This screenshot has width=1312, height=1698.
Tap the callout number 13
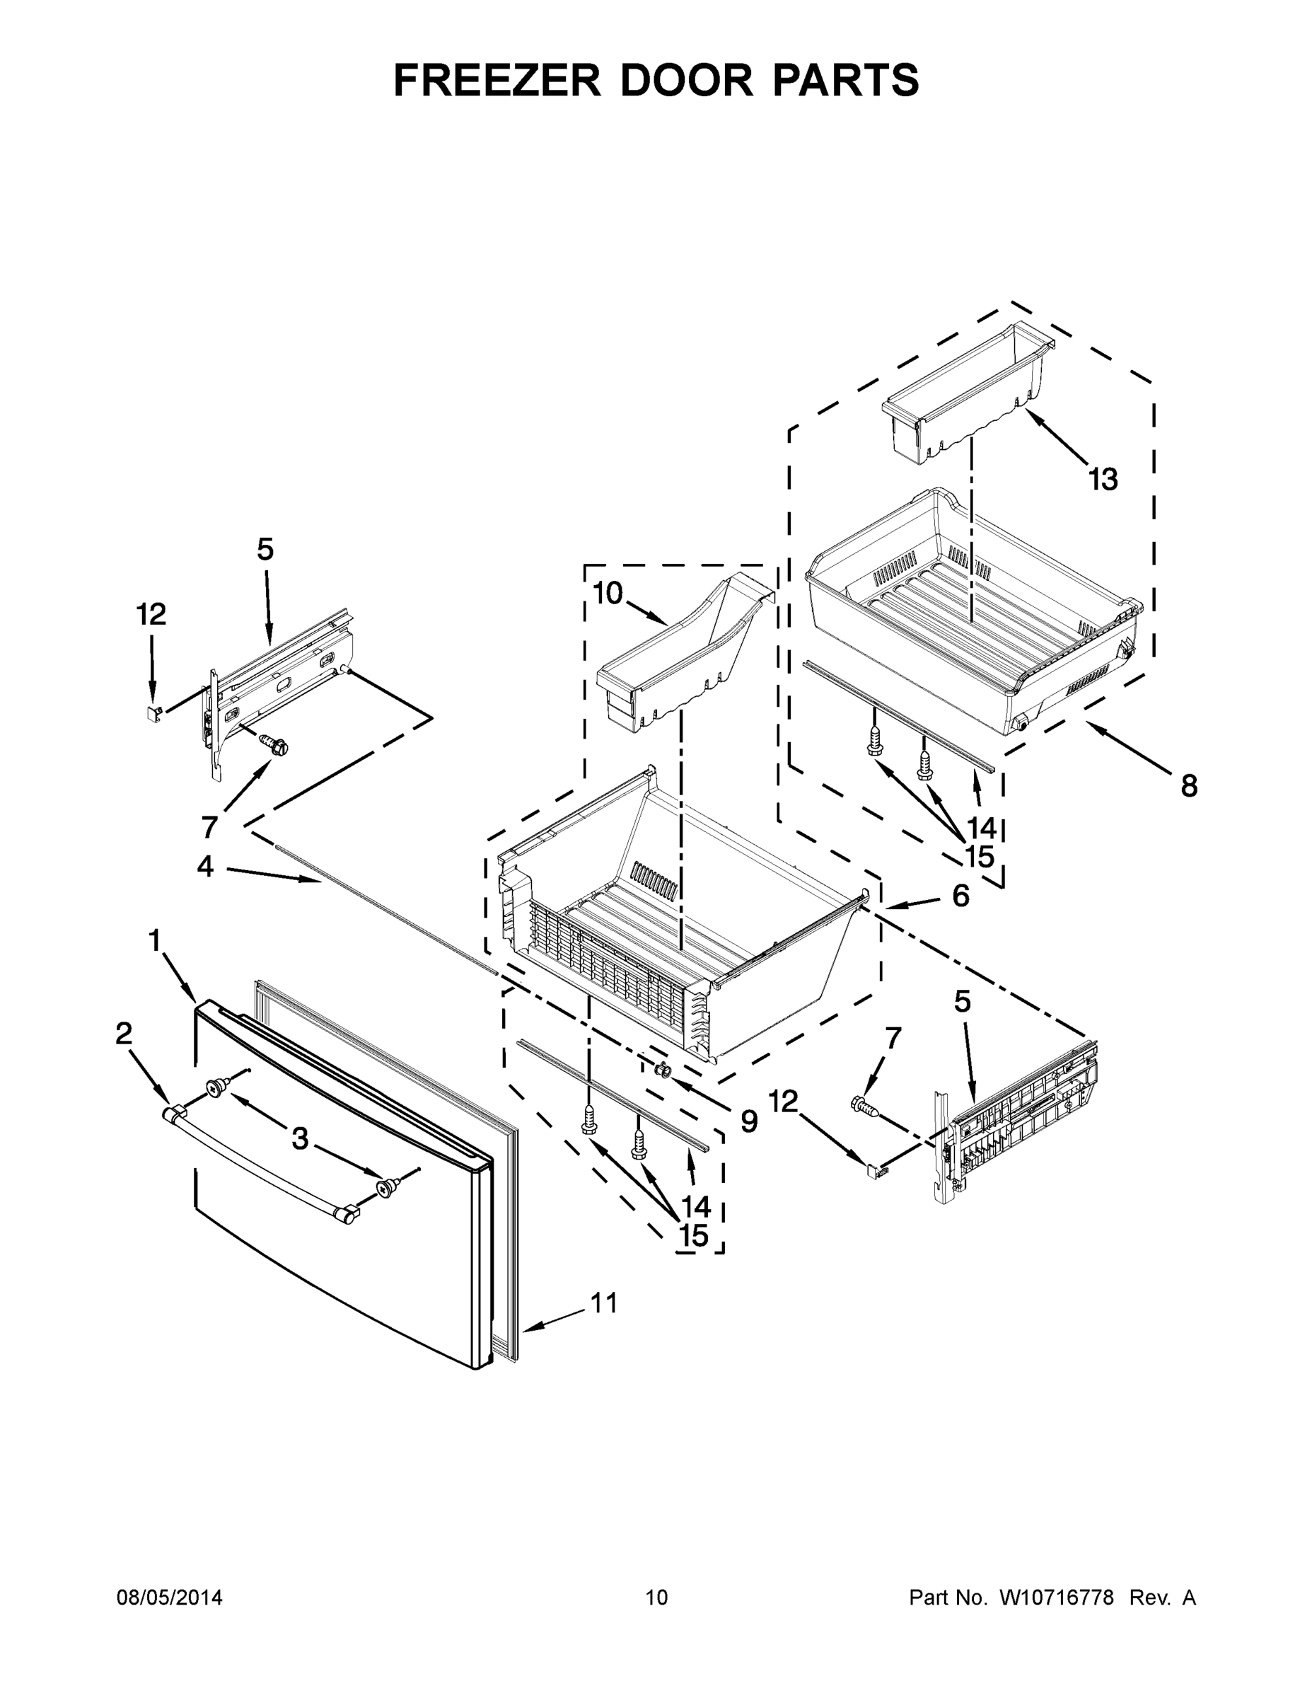pos(1103,480)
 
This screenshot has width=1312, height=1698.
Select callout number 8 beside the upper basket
pos(1188,786)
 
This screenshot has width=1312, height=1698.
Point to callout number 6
pos(960,896)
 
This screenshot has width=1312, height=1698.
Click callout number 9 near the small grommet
pos(748,1121)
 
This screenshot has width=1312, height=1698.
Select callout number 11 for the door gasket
pos(604,1303)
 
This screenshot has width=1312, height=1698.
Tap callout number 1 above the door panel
pos(155,942)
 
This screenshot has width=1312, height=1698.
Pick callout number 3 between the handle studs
pos(300,1139)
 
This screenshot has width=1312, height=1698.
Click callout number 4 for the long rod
pos(205,866)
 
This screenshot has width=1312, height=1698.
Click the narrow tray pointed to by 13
pos(964,396)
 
